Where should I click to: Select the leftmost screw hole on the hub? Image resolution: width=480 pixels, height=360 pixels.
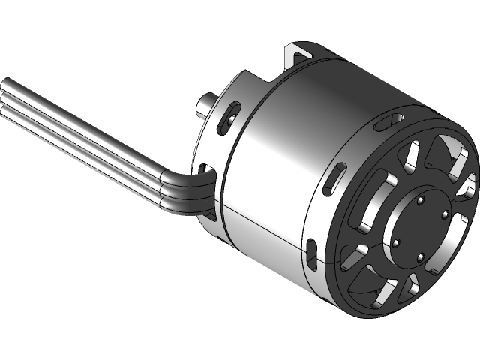396,243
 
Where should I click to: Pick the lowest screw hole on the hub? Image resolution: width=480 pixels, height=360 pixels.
421,259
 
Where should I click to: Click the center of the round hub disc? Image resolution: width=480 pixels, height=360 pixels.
421,229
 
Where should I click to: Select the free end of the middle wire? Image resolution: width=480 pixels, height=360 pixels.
4,96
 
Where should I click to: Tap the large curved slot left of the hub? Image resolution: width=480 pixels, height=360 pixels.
373,204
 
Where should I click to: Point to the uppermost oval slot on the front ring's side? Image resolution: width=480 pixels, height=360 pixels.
390,119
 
